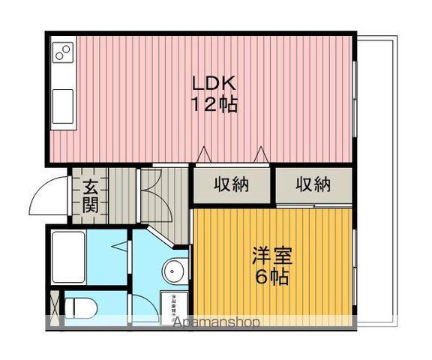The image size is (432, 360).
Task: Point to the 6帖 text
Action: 271,277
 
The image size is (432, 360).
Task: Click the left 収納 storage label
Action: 232,184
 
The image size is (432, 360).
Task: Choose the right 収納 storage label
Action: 313,184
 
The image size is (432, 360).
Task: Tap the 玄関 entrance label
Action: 89,195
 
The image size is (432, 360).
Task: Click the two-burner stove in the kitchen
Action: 63,52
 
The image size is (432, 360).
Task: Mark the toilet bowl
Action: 81,307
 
